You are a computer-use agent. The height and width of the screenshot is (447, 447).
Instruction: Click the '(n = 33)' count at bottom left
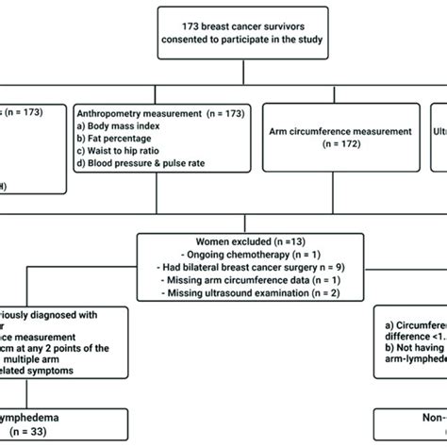pyautogui.click(x=27, y=430)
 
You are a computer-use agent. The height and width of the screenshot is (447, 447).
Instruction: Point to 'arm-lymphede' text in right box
pyautogui.click(x=411, y=360)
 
